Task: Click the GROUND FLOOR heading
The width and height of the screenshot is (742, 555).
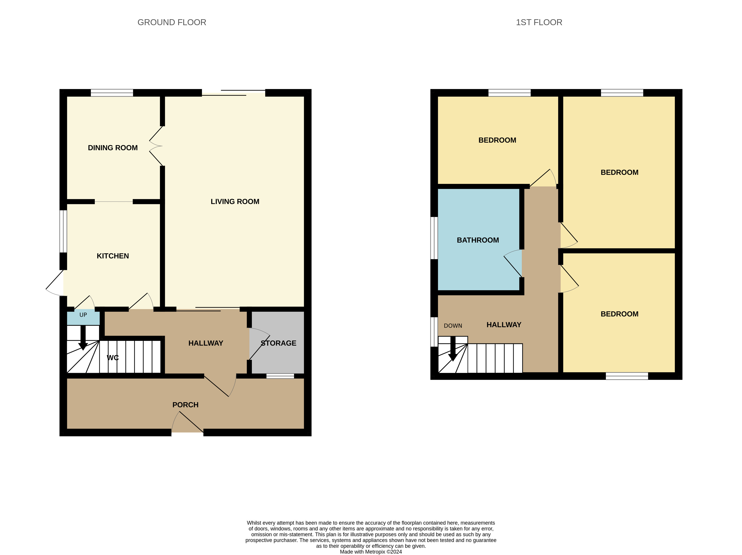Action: pyautogui.click(x=172, y=22)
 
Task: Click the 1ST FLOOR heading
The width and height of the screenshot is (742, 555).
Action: pyautogui.click(x=539, y=22)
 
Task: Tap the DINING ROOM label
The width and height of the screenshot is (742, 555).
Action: pyautogui.click(x=113, y=148)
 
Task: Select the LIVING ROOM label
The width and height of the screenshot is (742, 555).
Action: pyautogui.click(x=235, y=201)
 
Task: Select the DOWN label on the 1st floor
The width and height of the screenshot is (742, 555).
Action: pyautogui.click(x=453, y=326)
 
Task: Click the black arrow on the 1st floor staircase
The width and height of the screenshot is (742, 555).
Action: pyautogui.click(x=453, y=350)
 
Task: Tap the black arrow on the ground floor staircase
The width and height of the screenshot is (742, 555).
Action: pyautogui.click(x=83, y=338)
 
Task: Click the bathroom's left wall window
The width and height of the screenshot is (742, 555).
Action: pyautogui.click(x=434, y=238)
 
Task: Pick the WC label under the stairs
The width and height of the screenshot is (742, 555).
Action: pyautogui.click(x=113, y=358)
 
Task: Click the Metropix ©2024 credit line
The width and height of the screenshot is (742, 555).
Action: pyautogui.click(x=371, y=552)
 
